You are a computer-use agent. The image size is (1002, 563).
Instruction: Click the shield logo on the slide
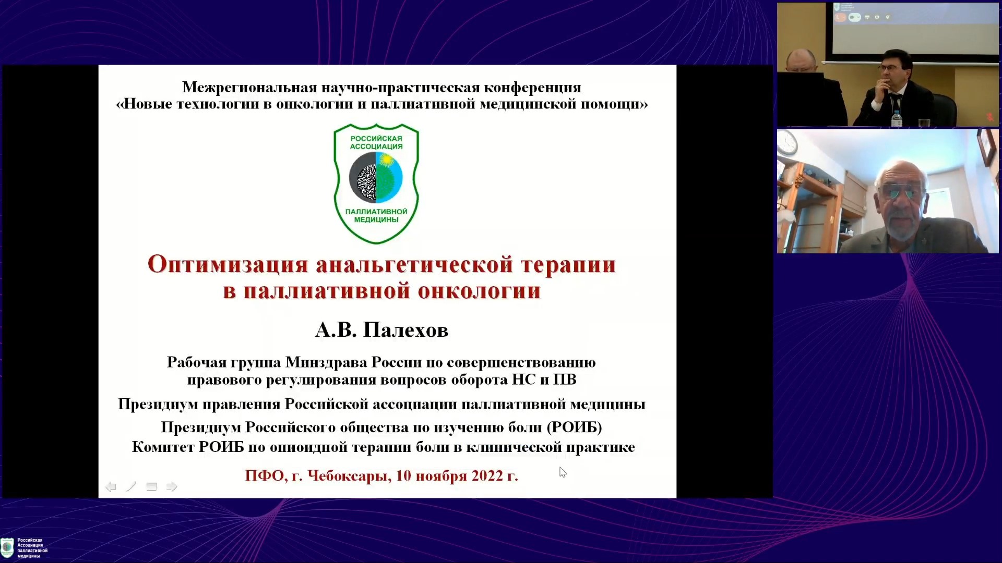pos(376,183)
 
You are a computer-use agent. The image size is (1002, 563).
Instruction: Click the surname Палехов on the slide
pos(405,330)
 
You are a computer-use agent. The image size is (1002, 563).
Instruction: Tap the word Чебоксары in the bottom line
pos(349,475)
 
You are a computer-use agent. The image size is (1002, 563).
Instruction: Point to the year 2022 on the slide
pos(487,475)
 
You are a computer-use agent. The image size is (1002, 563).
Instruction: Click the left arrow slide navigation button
pos(111,487)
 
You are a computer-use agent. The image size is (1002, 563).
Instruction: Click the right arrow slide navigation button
pos(171,487)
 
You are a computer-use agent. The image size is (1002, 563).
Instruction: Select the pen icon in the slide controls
pos(131,487)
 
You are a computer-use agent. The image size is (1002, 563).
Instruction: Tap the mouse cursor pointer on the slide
pos(563,472)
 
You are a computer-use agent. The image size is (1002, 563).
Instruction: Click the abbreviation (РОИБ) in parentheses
pos(574,427)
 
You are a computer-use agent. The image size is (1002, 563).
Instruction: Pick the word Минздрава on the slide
pos(326,362)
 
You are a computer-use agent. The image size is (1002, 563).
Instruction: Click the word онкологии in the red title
pos(479,291)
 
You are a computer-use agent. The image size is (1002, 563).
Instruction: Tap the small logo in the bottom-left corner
pos(7,548)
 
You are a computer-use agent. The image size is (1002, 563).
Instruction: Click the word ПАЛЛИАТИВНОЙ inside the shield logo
pos(376,212)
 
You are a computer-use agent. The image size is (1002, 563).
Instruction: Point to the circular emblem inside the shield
pos(376,178)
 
